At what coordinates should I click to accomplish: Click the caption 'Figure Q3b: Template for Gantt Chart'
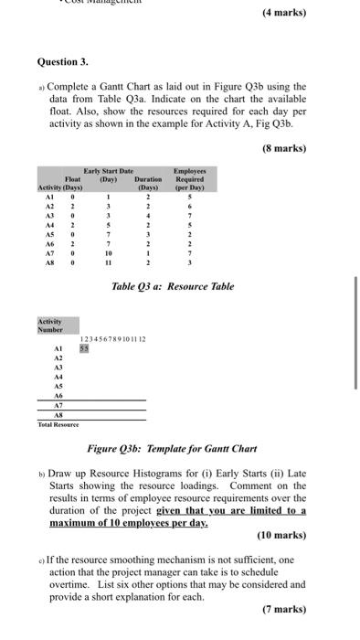click(x=172, y=449)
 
